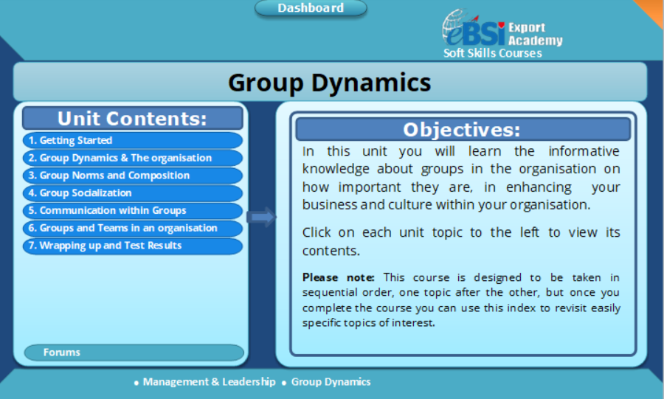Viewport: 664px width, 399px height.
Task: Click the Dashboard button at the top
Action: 311,8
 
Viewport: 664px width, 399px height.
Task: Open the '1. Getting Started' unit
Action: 133,140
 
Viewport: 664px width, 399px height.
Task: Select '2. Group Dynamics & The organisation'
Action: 133,158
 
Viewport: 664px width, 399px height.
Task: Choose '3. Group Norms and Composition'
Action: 133,176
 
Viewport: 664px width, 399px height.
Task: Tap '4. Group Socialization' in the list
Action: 133,193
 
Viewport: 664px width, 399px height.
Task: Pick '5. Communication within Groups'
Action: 133,210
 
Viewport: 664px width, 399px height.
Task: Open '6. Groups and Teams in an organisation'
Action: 133,228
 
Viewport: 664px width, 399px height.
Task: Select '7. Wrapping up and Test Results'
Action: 133,246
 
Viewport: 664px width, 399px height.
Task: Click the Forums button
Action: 134,353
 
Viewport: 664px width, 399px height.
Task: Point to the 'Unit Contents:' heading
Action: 133,119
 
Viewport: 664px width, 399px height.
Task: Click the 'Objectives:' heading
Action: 463,130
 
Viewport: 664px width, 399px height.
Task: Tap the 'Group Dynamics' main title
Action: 330,82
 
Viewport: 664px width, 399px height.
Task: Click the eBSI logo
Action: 474,28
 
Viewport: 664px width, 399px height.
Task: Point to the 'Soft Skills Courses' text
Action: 493,53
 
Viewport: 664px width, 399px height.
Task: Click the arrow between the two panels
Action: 261,217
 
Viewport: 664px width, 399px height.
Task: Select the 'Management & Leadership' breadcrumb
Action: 210,381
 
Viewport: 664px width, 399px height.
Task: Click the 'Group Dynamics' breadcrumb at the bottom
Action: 331,381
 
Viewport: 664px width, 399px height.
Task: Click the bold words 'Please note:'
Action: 339,277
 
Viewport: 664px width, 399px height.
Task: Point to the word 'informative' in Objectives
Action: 584,151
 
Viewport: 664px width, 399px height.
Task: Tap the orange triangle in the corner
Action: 652,10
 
